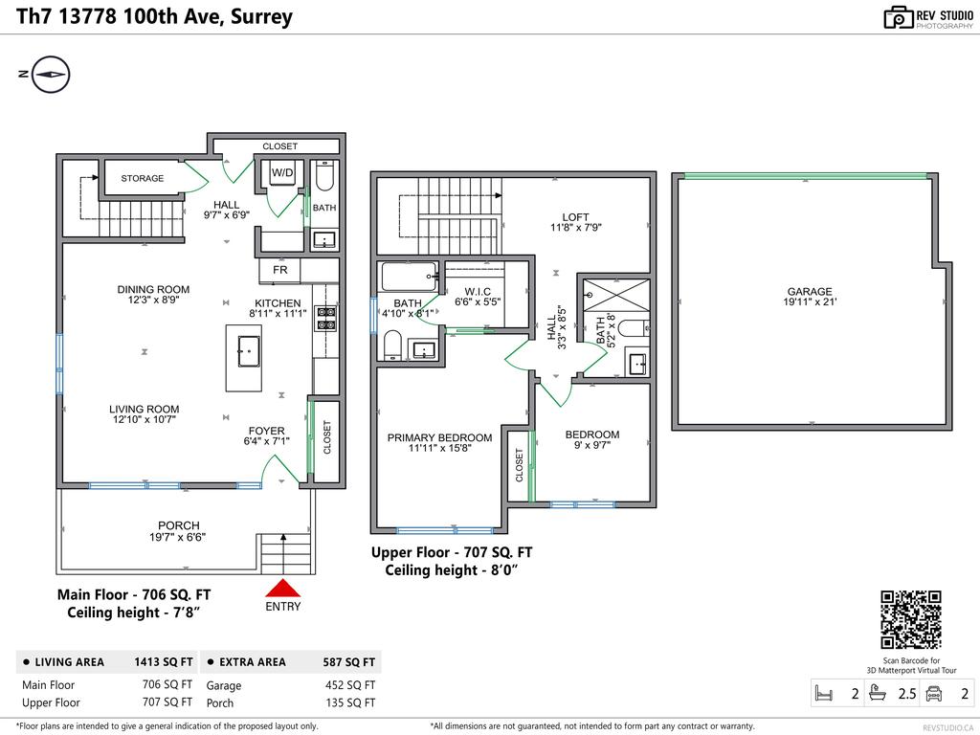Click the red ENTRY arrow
click(282, 589)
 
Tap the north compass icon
click(51, 74)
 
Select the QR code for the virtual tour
click(910, 620)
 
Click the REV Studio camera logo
click(899, 17)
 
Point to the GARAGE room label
click(810, 292)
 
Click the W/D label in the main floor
click(282, 173)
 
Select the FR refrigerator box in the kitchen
click(280, 271)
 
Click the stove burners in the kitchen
click(326, 319)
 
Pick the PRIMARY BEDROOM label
click(439, 438)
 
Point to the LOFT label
click(575, 217)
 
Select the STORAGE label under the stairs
click(142, 178)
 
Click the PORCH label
click(179, 525)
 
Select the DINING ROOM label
click(153, 289)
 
